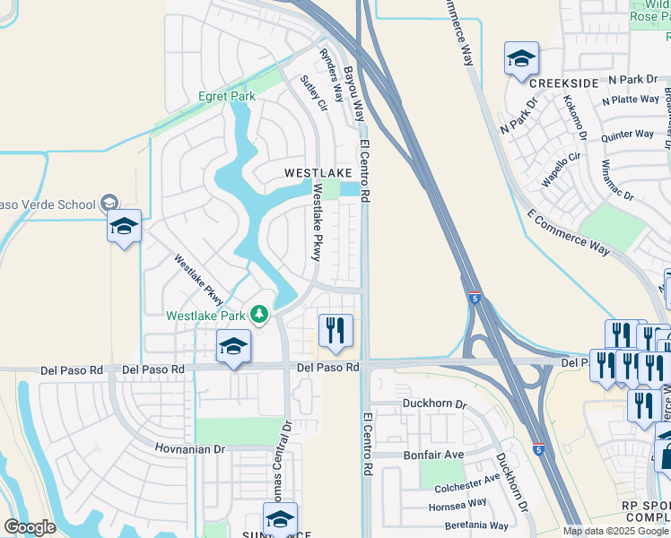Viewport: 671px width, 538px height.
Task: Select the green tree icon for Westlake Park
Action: [x=258, y=314]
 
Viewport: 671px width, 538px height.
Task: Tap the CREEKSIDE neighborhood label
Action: [x=563, y=83]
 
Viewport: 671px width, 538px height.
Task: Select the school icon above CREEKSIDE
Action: [x=521, y=60]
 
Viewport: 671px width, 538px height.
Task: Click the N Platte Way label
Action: [x=630, y=100]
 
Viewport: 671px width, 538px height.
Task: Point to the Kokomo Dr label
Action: [x=574, y=120]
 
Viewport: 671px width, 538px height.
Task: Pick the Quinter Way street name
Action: [x=628, y=135]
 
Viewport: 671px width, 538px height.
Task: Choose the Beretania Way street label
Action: [x=472, y=525]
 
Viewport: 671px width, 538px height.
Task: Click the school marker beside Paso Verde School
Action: [x=124, y=226]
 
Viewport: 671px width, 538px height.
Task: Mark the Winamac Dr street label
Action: [x=618, y=181]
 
